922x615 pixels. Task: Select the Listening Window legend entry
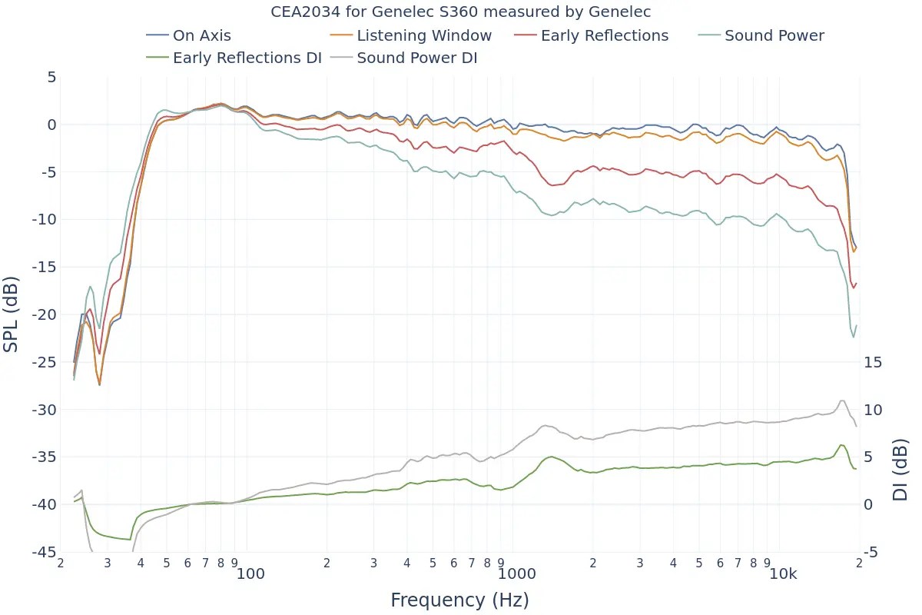423,35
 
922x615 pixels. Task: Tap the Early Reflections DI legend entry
247,58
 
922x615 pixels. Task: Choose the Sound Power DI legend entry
416,58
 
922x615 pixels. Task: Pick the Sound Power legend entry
774,35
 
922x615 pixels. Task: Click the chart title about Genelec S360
461,12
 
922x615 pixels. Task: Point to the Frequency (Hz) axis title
459,600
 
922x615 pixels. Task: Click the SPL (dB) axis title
12,314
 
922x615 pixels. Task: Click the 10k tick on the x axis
782,574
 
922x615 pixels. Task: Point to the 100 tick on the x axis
250,574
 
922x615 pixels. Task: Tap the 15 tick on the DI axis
874,362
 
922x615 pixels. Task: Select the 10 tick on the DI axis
874,410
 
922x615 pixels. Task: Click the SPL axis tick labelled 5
51,77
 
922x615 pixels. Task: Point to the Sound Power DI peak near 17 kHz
842,401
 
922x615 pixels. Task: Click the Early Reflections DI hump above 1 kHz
550,457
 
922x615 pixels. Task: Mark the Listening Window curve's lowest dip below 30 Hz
99,384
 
